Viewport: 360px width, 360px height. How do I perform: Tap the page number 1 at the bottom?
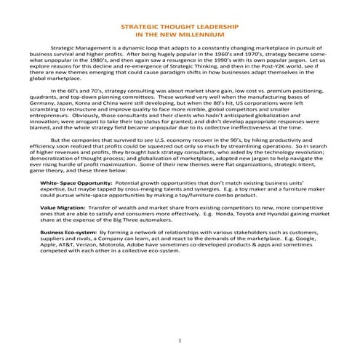point(179,341)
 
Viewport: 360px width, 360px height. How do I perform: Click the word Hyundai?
point(272,218)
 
